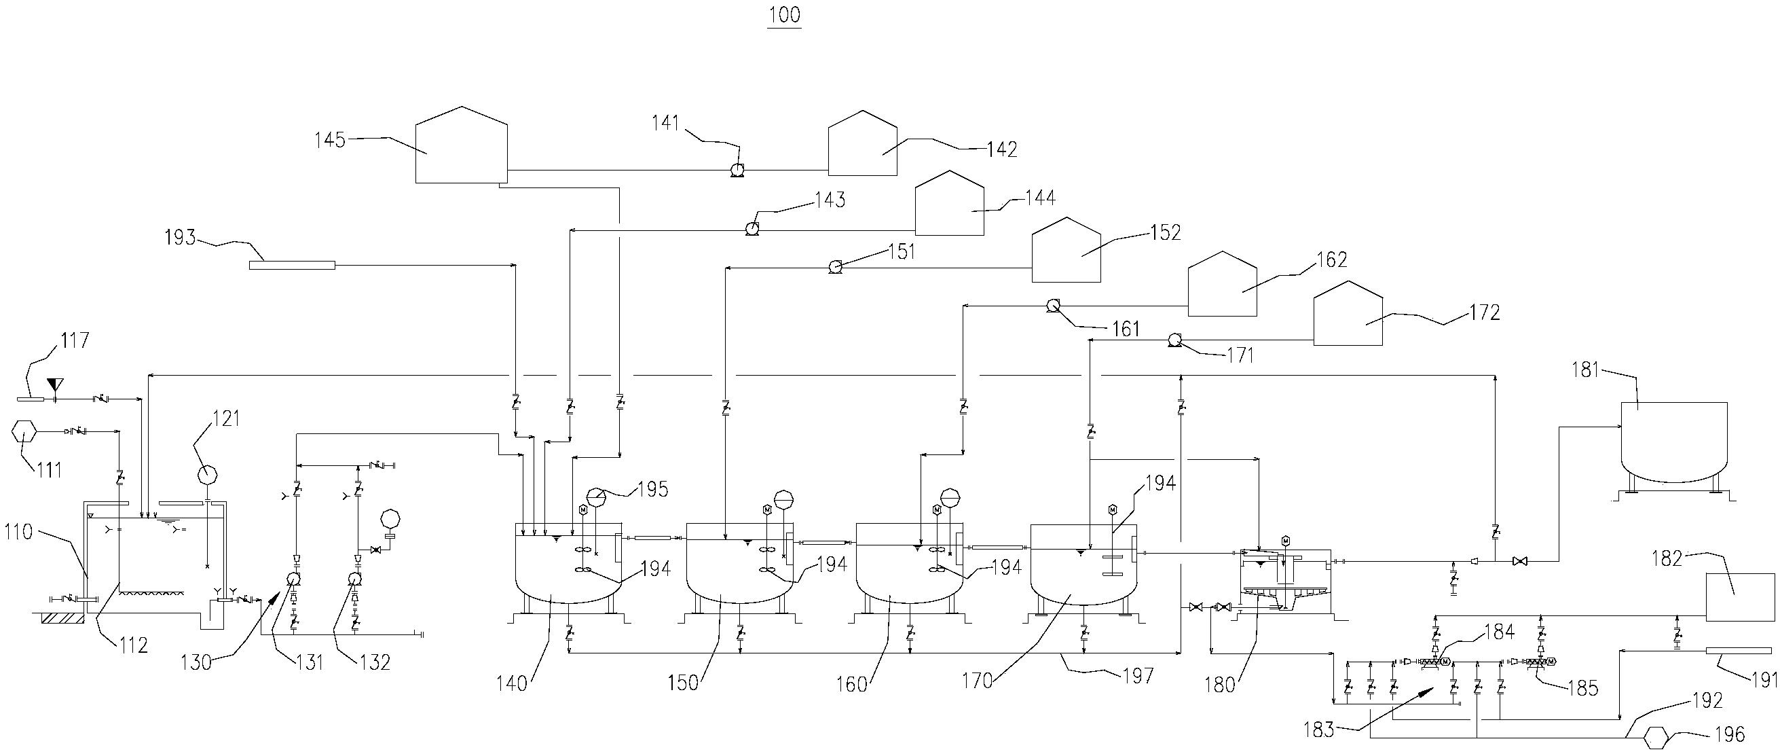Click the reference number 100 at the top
[x=784, y=14]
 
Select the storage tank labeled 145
[x=461, y=147]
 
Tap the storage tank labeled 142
[x=862, y=145]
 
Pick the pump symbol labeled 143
[x=752, y=228]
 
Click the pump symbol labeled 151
[x=835, y=266]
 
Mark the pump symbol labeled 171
[x=1172, y=340]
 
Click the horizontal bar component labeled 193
[x=292, y=265]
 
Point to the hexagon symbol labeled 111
[x=25, y=433]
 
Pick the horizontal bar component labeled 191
[x=1739, y=651]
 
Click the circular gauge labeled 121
[x=207, y=475]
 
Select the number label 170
[x=976, y=681]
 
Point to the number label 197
[x=1138, y=675]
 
